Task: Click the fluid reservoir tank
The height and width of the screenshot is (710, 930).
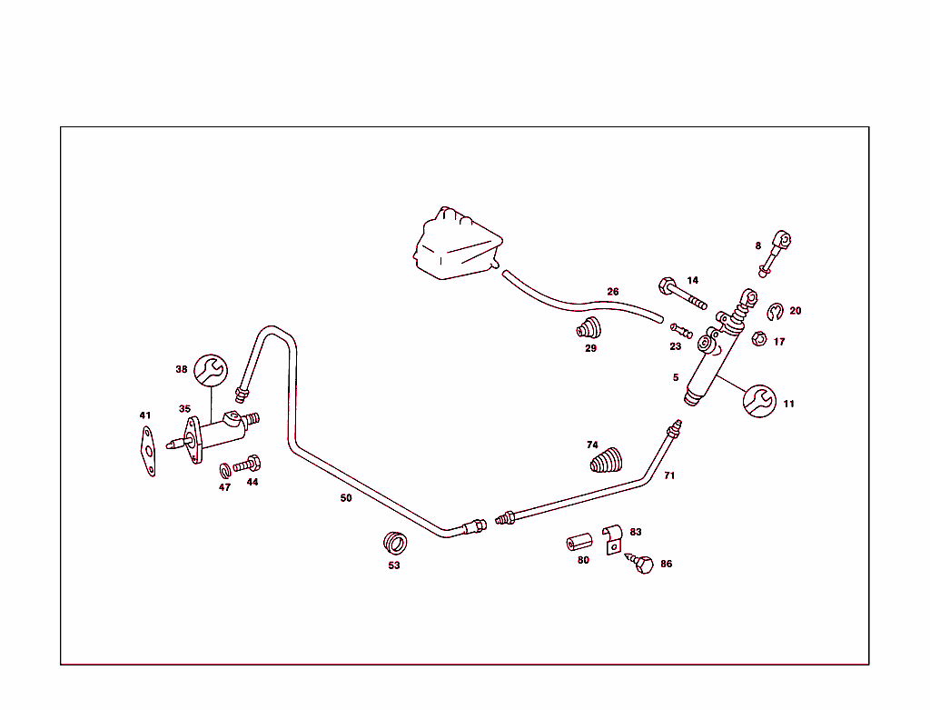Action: [458, 245]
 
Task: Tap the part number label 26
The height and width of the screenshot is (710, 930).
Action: [613, 292]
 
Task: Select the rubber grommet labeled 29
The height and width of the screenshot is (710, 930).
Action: [589, 328]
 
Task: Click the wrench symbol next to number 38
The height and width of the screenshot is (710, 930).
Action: [211, 370]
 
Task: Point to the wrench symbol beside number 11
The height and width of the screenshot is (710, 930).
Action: [760, 401]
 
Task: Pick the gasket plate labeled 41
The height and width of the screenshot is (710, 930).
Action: [148, 453]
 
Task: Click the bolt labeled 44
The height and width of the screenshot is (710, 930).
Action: [247, 465]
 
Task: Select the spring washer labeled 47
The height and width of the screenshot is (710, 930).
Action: [225, 471]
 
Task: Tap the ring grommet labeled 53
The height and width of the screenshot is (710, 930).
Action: [395, 543]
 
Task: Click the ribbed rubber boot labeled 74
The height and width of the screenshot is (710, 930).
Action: [606, 461]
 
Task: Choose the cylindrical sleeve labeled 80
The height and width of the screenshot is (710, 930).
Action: [579, 543]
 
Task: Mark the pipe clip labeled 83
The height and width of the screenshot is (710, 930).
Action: [613, 539]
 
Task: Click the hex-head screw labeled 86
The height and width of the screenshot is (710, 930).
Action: [640, 562]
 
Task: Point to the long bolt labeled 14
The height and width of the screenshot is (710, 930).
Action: [682, 294]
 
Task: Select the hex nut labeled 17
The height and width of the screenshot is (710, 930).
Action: [758, 339]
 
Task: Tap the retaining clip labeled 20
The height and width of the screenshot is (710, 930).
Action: [775, 312]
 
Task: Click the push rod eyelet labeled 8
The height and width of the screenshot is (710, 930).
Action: [775, 254]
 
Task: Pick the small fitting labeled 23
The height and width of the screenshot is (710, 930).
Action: [681, 331]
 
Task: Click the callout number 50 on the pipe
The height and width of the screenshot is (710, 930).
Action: [346, 498]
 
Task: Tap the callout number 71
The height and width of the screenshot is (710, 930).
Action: [669, 475]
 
